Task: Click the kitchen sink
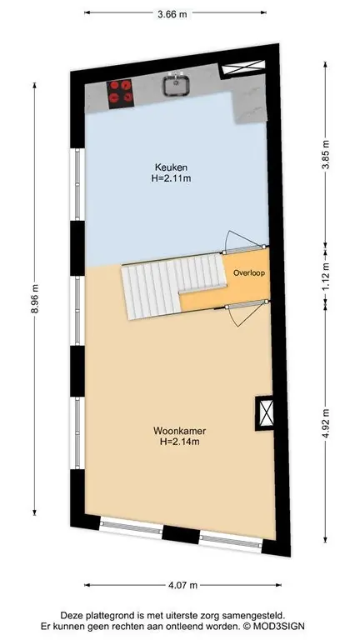[176, 84]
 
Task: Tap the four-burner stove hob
[120, 93]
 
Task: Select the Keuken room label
[171, 167]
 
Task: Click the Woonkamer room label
[180, 431]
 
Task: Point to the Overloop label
[249, 273]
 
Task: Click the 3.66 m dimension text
[172, 14]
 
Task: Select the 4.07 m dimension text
[182, 585]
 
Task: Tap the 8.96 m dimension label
[34, 298]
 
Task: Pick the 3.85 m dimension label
[325, 155]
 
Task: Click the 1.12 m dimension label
[325, 278]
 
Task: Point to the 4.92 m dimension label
[325, 422]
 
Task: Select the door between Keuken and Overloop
[244, 242]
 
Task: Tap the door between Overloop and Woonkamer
[245, 312]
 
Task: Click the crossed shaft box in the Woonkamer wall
[264, 412]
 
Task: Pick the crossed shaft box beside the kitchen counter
[242, 68]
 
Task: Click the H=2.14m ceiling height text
[180, 441]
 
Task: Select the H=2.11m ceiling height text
[172, 178]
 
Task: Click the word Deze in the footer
[70, 615]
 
